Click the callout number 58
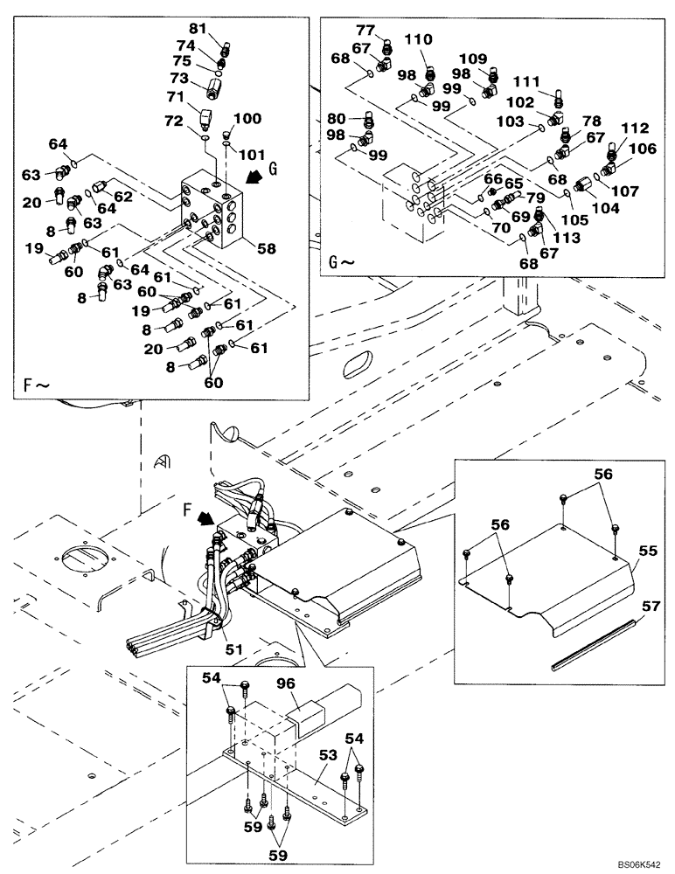pyautogui.click(x=266, y=249)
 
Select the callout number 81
pyautogui.click(x=198, y=29)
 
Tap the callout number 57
pyautogui.click(x=649, y=604)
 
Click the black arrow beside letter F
pyautogui.click(x=205, y=519)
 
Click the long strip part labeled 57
pyautogui.click(x=598, y=643)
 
